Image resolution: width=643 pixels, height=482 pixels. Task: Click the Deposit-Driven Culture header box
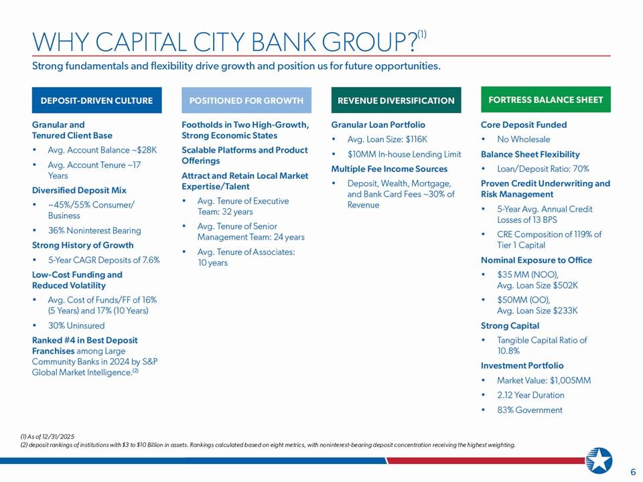(96, 100)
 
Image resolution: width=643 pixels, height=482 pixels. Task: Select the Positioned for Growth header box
(246, 100)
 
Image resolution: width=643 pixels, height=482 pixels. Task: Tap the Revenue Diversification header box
(396, 100)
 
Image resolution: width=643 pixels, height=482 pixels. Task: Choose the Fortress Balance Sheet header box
(546, 99)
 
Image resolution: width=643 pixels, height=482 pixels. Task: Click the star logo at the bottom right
(599, 461)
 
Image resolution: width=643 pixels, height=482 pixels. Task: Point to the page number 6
(633, 472)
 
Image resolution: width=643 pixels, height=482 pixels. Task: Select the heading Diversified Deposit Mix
(79, 190)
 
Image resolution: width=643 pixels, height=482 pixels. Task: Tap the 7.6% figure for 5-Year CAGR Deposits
(151, 260)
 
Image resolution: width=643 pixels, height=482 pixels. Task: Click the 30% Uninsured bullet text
(76, 325)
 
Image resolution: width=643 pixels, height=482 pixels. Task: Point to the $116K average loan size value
(416, 139)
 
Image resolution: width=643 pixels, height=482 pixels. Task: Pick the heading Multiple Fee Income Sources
(389, 169)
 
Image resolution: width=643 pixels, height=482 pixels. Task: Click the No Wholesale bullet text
(524, 139)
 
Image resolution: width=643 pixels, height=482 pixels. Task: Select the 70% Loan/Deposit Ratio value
(581, 169)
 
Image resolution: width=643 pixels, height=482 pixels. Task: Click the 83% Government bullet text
(530, 410)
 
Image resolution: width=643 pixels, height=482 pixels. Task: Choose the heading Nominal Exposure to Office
(537, 260)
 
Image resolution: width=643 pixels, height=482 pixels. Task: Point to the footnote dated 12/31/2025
(47, 437)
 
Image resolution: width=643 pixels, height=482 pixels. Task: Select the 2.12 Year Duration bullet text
(530, 395)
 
